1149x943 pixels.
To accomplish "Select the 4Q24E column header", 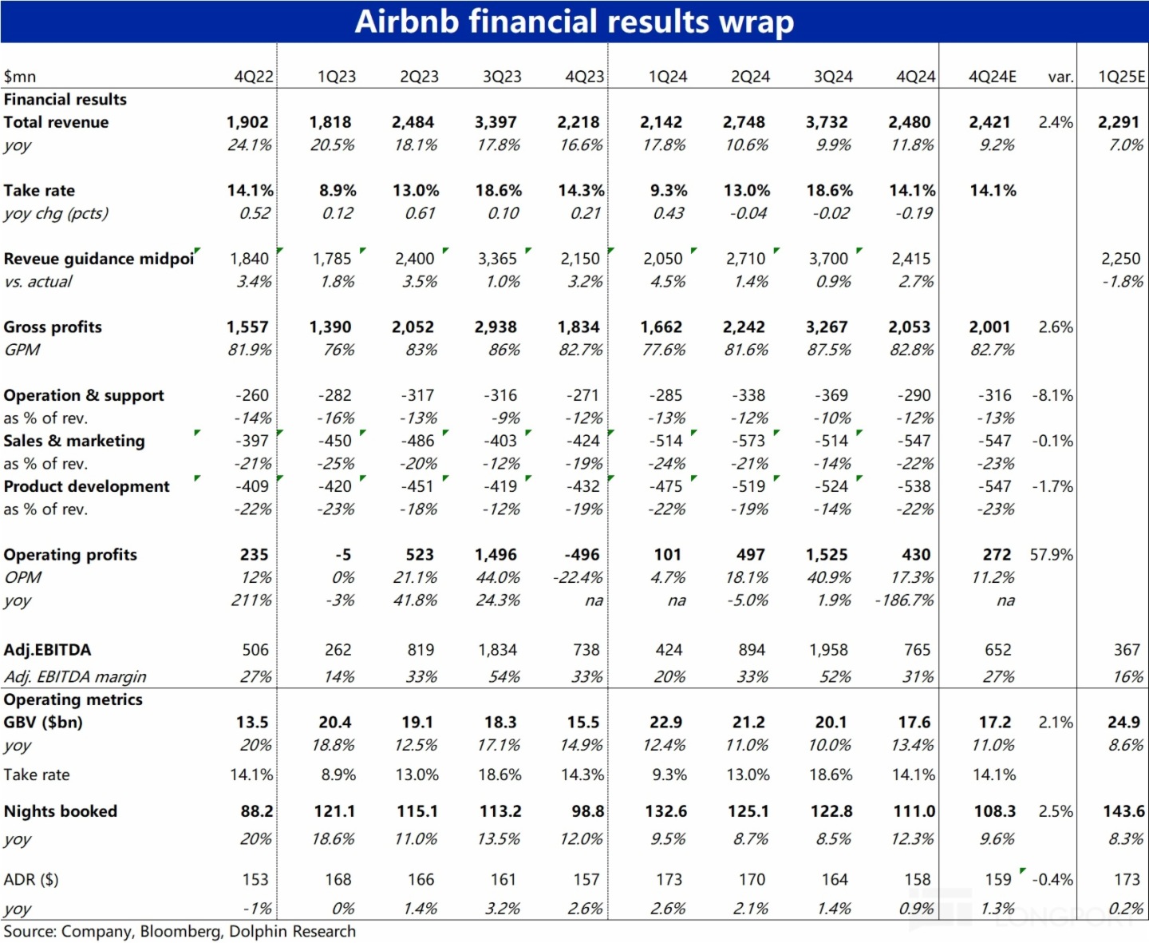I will point(992,77).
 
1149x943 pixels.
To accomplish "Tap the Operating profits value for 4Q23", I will point(582,555).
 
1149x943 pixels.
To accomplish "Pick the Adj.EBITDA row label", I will point(47,650).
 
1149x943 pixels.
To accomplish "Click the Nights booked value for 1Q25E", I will point(1123,811).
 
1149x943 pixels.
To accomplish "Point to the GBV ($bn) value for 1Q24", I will point(665,723).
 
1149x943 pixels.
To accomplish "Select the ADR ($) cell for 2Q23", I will point(421,880).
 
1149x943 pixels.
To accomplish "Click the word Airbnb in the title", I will point(407,22).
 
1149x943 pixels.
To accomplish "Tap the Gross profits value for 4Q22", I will point(247,327).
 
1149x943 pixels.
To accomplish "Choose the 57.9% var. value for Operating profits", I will point(1051,555).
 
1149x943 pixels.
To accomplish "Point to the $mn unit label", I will point(20,77).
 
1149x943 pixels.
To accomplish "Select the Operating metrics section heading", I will point(73,699).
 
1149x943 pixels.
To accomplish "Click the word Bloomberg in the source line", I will point(180,931).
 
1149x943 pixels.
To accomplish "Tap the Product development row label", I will point(86,486).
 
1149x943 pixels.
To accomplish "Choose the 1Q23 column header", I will point(336,77).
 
